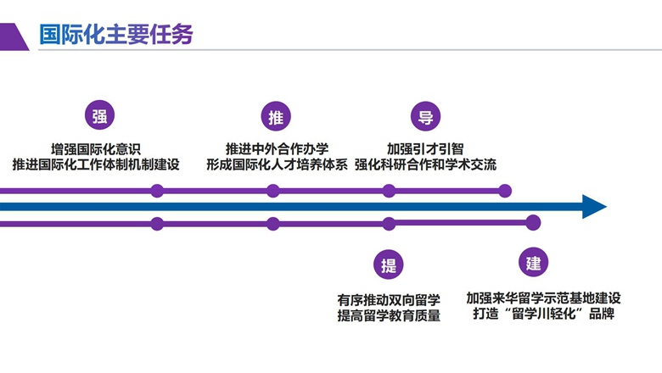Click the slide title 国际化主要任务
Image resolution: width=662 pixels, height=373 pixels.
116,34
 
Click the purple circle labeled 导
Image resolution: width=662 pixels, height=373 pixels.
424,117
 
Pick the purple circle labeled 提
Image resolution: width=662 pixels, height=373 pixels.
388,264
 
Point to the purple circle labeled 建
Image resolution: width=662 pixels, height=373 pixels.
533,262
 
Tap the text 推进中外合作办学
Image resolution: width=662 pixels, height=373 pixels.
277,147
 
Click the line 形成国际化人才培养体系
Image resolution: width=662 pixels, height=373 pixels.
277,164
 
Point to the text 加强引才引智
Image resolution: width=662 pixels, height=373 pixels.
425,147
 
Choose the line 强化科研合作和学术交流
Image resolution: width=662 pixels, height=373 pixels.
425,164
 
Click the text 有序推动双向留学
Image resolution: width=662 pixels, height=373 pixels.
389,299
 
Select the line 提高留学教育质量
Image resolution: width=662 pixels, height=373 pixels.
389,316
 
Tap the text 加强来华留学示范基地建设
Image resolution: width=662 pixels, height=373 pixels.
543,298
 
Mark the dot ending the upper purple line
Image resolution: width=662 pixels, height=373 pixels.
505,191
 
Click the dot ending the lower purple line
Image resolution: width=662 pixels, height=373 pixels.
532,222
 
